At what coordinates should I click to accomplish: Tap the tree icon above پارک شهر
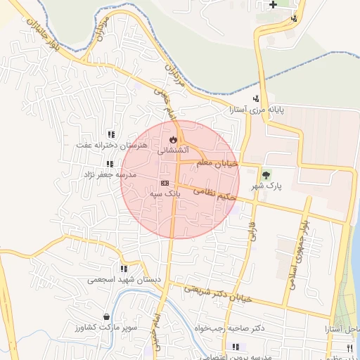(266, 174)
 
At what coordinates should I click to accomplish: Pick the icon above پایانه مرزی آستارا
(256, 98)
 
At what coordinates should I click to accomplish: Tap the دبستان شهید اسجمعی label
(124, 279)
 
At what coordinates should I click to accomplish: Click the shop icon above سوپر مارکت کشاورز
(106, 317)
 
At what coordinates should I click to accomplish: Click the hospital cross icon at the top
(273, 5)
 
